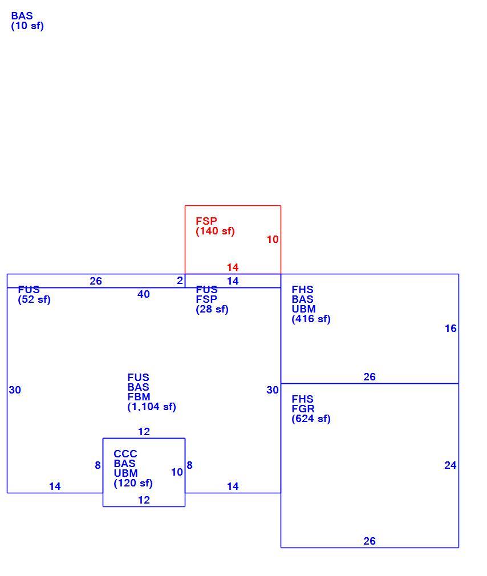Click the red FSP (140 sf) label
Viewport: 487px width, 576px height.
click(215, 226)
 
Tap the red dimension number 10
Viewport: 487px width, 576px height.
click(273, 240)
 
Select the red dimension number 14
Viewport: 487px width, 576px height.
click(233, 267)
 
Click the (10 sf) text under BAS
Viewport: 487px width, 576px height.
click(27, 26)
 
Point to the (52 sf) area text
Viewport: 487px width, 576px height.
click(34, 300)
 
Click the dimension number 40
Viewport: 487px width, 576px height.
click(144, 294)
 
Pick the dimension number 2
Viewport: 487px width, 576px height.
click(180, 281)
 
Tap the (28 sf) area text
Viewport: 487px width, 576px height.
click(212, 309)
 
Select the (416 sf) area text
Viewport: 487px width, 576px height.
click(311, 319)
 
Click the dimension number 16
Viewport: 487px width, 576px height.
click(451, 328)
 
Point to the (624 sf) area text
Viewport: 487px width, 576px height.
click(311, 419)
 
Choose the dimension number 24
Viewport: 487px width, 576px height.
click(451, 465)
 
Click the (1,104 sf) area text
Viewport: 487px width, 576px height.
click(152, 407)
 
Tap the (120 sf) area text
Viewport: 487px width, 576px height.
click(133, 483)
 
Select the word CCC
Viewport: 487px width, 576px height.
click(125, 454)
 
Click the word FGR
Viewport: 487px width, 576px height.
click(303, 409)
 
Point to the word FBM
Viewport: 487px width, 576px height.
click(139, 397)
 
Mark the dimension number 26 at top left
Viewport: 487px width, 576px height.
click(96, 281)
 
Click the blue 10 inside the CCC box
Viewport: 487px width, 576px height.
click(177, 472)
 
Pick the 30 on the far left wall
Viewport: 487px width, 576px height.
click(15, 390)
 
